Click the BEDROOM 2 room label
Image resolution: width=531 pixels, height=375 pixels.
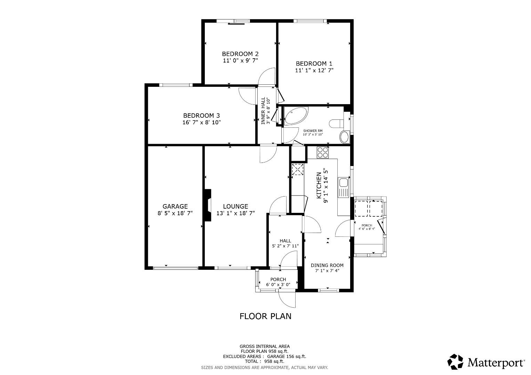240,54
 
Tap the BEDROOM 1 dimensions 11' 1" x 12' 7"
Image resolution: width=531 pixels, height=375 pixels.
314,70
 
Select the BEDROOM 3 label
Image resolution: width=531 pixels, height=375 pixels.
201,116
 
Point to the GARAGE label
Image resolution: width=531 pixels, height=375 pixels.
175,206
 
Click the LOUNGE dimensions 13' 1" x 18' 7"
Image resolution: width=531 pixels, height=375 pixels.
235,213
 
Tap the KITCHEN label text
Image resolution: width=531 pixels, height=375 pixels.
318,185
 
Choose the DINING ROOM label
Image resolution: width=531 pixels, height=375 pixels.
327,265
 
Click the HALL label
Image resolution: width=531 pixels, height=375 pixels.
285,241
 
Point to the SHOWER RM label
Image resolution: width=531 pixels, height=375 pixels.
313,131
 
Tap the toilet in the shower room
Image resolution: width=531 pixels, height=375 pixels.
337,123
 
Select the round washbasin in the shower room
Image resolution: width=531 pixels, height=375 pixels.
344,137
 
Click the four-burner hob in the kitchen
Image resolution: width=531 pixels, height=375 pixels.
322,152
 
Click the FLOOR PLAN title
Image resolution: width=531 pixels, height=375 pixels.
265,316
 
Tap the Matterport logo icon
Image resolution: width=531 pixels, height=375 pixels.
455,362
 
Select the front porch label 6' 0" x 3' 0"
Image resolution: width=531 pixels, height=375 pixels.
278,284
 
